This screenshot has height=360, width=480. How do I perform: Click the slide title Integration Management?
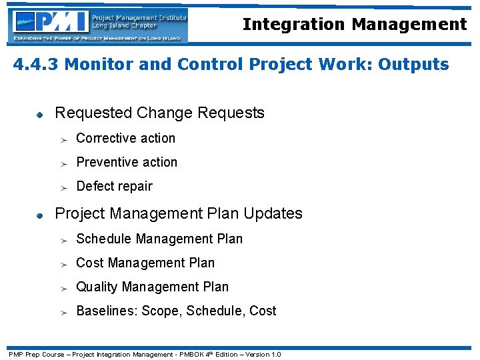354,25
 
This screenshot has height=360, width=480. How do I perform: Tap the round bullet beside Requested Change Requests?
40,115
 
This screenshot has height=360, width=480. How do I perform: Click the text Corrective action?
125,139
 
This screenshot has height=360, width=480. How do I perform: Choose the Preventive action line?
127,163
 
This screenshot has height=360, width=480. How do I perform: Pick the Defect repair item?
114,187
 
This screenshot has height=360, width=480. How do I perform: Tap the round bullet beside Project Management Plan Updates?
40,215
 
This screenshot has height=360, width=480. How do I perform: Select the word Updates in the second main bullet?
273,214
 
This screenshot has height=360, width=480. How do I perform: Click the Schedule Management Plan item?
159,239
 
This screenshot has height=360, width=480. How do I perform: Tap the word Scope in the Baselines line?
160,311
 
